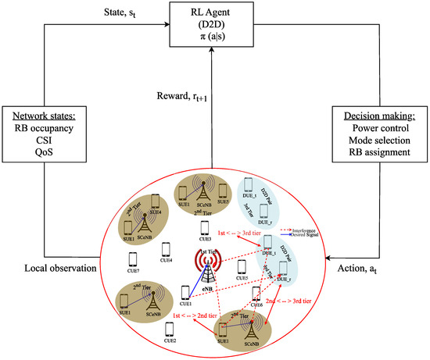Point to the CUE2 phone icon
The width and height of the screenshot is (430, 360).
(x=170, y=326)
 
